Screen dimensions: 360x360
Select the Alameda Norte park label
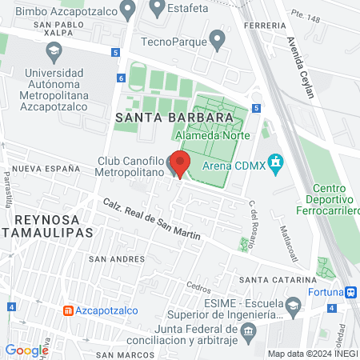210,135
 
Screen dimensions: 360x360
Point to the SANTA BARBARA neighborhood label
179,117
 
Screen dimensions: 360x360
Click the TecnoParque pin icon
216,41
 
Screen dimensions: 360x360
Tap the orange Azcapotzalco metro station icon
69,310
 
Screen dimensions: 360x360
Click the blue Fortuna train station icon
350,292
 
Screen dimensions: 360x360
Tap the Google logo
26,350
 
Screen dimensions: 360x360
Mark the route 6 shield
121,78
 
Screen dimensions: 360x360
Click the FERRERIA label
268,25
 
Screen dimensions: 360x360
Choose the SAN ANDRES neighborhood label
116,259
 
